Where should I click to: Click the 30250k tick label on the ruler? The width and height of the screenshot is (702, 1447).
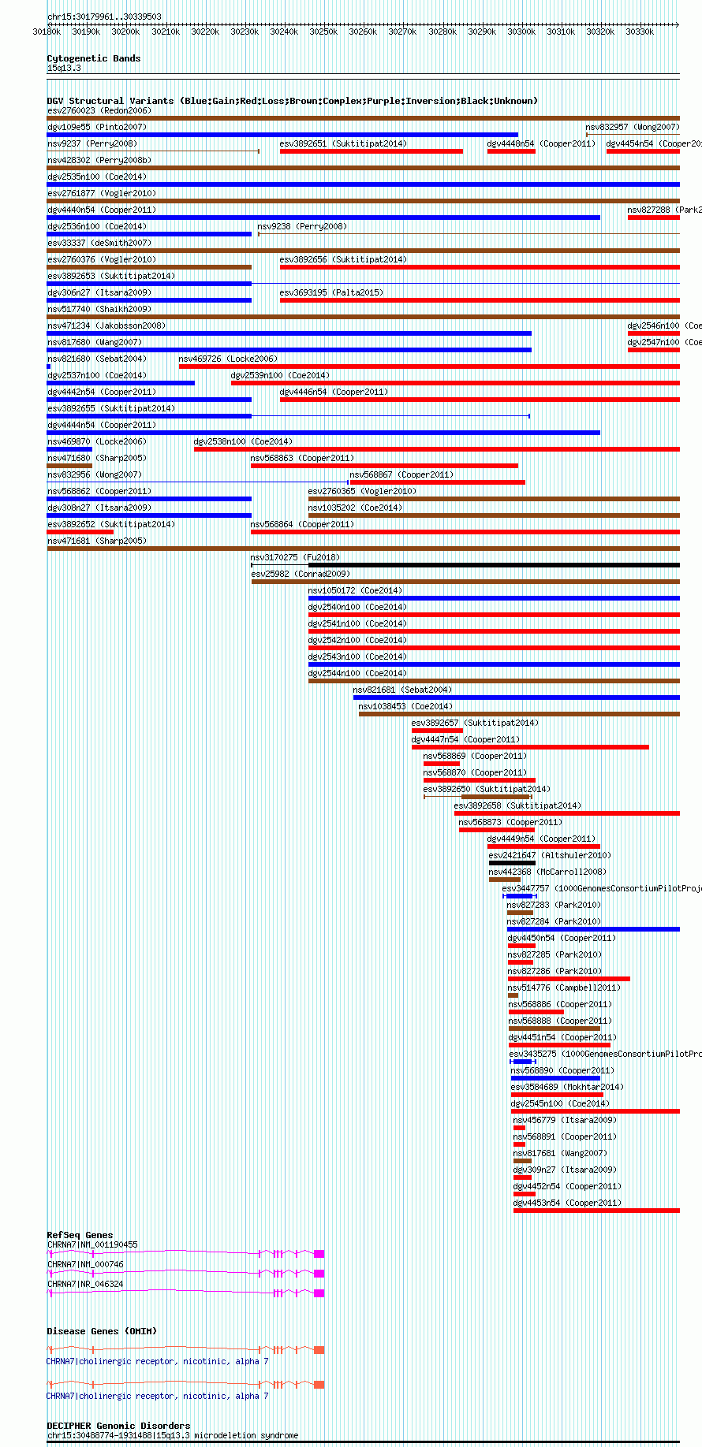tap(323, 32)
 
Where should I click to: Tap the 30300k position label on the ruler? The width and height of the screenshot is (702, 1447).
tap(521, 32)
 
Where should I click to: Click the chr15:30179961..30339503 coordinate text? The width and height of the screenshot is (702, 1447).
tap(104, 17)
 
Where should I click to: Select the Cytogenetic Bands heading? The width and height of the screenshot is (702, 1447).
tap(93, 58)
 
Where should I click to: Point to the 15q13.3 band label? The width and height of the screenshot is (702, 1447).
tap(64, 69)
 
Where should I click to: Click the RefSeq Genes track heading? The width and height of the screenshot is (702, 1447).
tap(80, 1235)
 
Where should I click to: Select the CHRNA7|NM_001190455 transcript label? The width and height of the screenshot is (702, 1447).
tap(92, 1245)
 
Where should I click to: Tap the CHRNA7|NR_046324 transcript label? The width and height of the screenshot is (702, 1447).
tap(85, 1284)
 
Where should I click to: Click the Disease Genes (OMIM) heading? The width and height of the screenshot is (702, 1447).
tap(102, 1331)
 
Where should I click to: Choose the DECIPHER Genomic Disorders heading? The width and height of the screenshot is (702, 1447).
tap(118, 1426)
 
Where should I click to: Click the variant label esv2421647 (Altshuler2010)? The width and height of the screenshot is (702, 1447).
tap(549, 855)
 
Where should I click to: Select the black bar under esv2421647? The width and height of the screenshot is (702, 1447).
tap(512, 863)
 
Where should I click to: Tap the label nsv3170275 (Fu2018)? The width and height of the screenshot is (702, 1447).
tap(285, 557)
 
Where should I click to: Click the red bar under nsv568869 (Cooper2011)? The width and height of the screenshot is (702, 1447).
tap(441, 764)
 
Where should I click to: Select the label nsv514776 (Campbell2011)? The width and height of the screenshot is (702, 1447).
tap(563, 988)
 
